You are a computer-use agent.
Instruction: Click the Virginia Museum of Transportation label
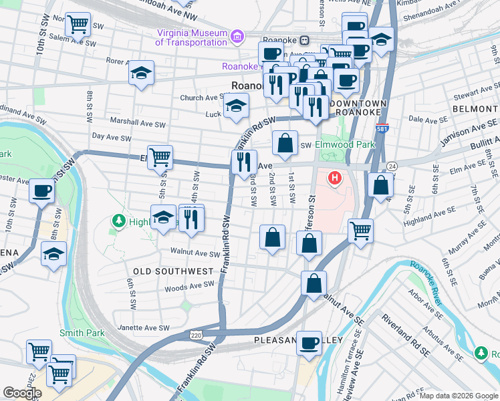pyautogui.click(x=191, y=37)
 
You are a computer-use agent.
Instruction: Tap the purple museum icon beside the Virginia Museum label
pyautogui.click(x=236, y=35)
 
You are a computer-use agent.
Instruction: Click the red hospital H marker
pyautogui.click(x=335, y=178)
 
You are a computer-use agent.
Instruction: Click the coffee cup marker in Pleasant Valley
pyautogui.click(x=309, y=343)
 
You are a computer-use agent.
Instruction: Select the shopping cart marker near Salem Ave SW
pyautogui.click(x=78, y=25)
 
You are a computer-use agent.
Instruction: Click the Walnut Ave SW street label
pyautogui.click(x=195, y=253)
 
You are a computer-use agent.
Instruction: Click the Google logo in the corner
pyautogui.click(x=22, y=393)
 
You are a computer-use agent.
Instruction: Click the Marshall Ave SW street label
pyautogui.click(x=137, y=123)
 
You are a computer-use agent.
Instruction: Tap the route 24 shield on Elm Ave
pyautogui.click(x=392, y=166)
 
